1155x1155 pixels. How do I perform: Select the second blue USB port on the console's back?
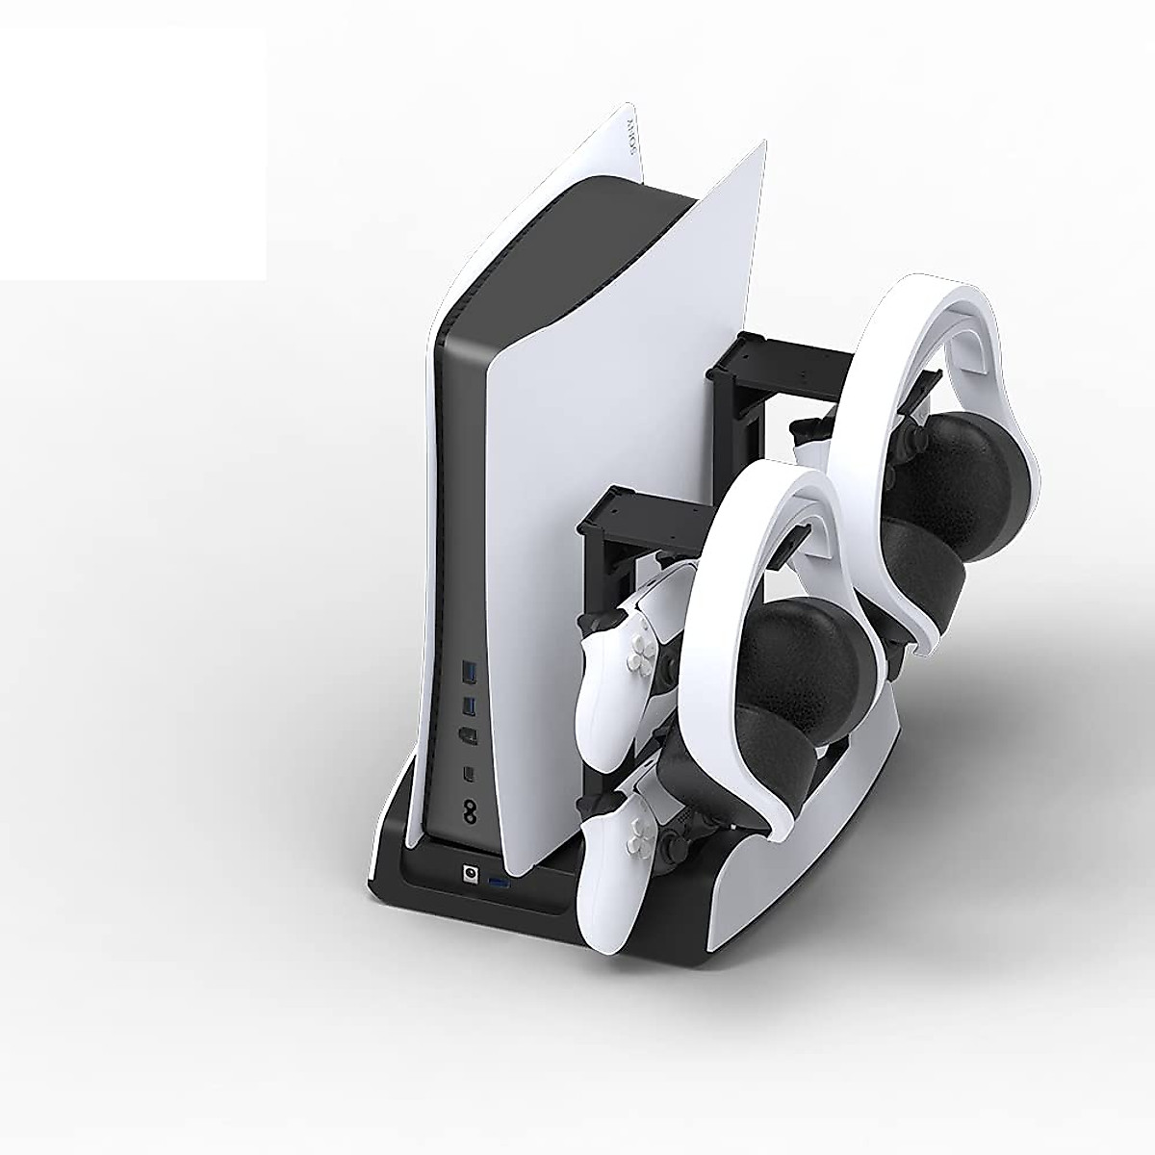click(x=469, y=707)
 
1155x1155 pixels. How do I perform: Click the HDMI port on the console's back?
click(x=469, y=739)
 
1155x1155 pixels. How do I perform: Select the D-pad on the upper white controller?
click(x=636, y=660)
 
